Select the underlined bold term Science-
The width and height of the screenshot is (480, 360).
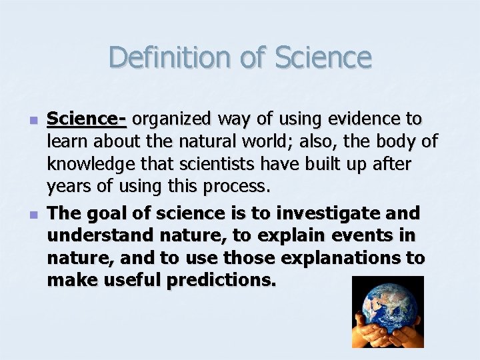point(87,119)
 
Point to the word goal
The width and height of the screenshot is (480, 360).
point(107,213)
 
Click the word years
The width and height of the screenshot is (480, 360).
point(71,186)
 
